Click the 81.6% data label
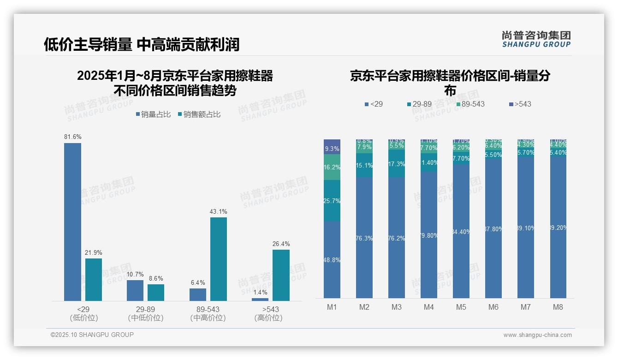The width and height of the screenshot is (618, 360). point(72,137)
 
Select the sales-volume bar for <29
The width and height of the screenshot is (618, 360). point(72,222)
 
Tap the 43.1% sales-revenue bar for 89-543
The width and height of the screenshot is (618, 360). point(219,259)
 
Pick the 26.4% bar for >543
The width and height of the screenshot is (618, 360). point(281,275)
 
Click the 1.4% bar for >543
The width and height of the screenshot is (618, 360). point(260,300)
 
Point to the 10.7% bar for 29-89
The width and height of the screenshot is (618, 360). point(135,290)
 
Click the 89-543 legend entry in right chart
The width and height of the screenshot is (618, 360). point(470,104)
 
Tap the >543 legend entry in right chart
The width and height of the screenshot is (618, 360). point(520,104)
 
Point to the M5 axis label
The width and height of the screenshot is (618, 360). point(461,307)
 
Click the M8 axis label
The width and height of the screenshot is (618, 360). point(558,307)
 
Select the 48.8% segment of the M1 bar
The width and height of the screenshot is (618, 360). point(332,259)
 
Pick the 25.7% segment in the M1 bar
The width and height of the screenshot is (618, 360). point(332,201)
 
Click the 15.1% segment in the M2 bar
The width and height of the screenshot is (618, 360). point(364,165)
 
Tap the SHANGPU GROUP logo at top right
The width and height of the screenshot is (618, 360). point(536,39)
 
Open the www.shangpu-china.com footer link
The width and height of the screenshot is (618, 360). point(537,335)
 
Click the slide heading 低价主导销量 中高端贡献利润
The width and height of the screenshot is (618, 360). point(142,44)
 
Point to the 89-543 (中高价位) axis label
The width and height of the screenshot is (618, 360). point(208,313)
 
